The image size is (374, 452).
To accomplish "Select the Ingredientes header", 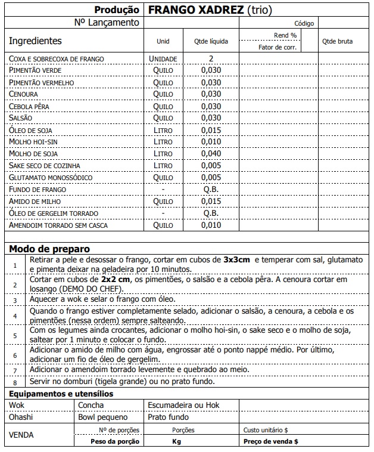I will [35, 41].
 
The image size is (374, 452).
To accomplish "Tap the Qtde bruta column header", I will [337, 42].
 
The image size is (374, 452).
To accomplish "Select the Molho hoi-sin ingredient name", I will [32, 142].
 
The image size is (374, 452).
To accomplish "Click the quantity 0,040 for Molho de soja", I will [211, 154].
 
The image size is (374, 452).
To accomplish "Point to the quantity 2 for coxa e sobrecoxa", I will [211, 58].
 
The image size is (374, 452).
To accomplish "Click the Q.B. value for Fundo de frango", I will [211, 190].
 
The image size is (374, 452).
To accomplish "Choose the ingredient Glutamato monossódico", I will [51, 178].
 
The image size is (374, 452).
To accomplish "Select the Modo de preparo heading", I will [49, 249].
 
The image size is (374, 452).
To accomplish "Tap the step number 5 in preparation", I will [15, 336].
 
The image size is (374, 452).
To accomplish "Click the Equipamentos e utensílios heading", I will [60, 394].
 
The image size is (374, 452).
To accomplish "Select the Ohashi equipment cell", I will [21, 417].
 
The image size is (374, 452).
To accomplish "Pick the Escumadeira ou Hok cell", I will [183, 405].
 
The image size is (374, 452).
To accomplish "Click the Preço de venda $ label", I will [271, 441].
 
